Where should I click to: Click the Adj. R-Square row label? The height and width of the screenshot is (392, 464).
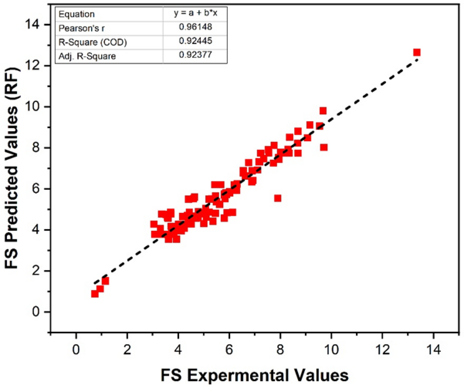pyautogui.click(x=87, y=56)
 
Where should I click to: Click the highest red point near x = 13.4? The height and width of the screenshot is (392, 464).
pyautogui.click(x=417, y=52)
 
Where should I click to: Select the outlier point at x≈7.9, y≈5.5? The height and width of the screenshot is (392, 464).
pyautogui.click(x=278, y=198)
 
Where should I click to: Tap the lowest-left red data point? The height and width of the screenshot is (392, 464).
pyautogui.click(x=95, y=294)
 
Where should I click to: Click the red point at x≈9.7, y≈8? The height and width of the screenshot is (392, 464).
pyautogui.click(x=323, y=147)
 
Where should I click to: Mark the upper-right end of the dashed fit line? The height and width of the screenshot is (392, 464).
pyautogui.click(x=418, y=59)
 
